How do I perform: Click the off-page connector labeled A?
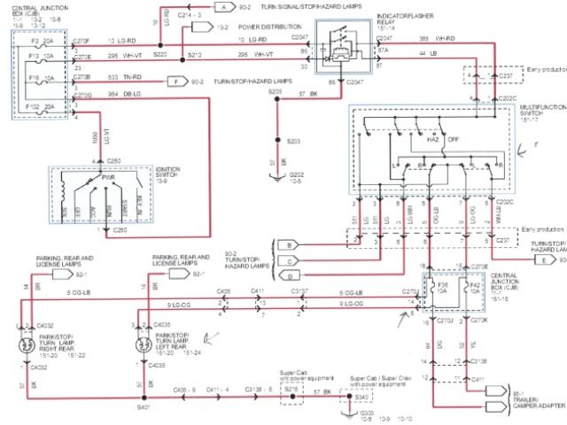224,7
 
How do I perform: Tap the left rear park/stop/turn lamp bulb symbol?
142,347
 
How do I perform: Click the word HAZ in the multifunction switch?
435,140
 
